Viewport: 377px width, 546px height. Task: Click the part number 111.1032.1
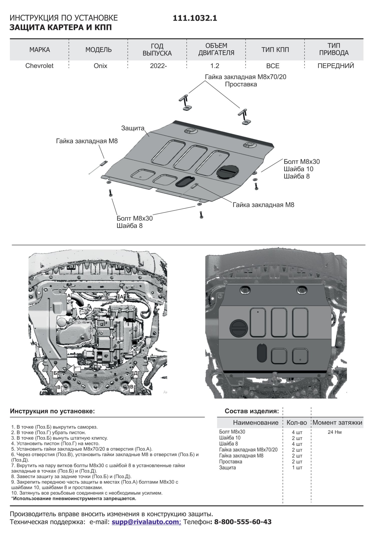click(195, 18)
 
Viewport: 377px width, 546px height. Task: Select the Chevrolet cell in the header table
click(39, 66)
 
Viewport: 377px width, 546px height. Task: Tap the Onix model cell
click(100, 66)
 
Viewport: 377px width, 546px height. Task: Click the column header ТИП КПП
click(275, 50)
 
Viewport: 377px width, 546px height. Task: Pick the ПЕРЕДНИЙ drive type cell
click(335, 66)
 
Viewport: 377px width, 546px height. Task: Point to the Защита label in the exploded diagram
click(133, 128)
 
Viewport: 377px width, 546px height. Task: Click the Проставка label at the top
click(241, 84)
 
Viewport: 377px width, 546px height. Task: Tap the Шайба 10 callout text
click(298, 169)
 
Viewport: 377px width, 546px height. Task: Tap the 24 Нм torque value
click(334, 432)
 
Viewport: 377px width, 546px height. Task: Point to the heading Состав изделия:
click(252, 411)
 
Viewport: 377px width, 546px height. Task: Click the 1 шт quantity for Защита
click(297, 468)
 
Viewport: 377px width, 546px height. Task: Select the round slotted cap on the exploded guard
click(227, 171)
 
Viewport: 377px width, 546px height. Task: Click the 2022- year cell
click(158, 66)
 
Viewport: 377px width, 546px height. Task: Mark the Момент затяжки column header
click(337, 423)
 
